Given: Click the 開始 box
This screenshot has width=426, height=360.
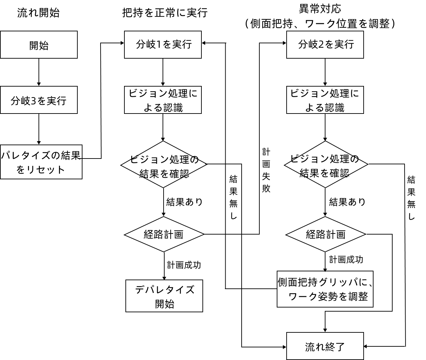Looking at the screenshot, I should pyautogui.click(x=39, y=45).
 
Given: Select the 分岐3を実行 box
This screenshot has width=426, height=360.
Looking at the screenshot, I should pyautogui.click(x=39, y=100).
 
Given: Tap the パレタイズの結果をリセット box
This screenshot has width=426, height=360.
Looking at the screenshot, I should pyautogui.click(x=41, y=162).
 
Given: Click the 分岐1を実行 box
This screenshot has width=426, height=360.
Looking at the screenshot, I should pyautogui.click(x=163, y=44).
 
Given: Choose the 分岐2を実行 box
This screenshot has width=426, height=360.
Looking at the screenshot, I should pyautogui.click(x=325, y=44).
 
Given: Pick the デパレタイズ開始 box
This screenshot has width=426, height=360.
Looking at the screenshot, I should pyautogui.click(x=164, y=296).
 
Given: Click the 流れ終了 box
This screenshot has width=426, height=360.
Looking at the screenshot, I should pyautogui.click(x=325, y=346).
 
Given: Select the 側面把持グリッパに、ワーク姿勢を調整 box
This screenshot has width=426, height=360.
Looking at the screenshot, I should pyautogui.click(x=325, y=289).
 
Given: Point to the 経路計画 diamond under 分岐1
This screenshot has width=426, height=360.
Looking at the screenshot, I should pyautogui.click(x=164, y=234).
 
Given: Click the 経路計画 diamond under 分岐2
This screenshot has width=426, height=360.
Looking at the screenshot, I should pyautogui.click(x=325, y=234).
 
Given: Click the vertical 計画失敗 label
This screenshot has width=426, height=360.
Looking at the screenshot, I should pyautogui.click(x=266, y=170).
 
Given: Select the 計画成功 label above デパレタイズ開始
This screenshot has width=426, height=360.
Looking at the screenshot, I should pyautogui.click(x=184, y=265).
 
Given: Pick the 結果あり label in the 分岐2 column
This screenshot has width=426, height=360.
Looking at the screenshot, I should pyautogui.click(x=347, y=202).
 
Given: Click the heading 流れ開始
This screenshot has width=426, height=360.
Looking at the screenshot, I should pyautogui.click(x=39, y=13).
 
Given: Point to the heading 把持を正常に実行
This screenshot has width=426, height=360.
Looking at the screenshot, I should pyautogui.click(x=165, y=13).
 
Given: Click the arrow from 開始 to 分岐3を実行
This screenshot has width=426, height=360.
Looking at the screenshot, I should pyautogui.click(x=39, y=72).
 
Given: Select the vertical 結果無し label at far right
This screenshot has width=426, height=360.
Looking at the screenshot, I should pyautogui.click(x=411, y=198).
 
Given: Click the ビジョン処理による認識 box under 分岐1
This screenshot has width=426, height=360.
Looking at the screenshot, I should pyautogui.click(x=163, y=100).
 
